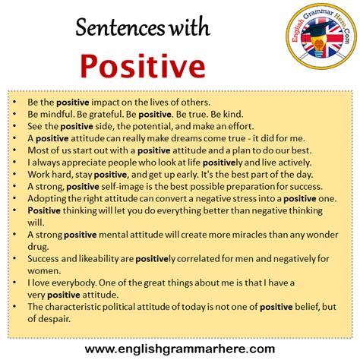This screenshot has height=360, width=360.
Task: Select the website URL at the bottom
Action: [x=180, y=348]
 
